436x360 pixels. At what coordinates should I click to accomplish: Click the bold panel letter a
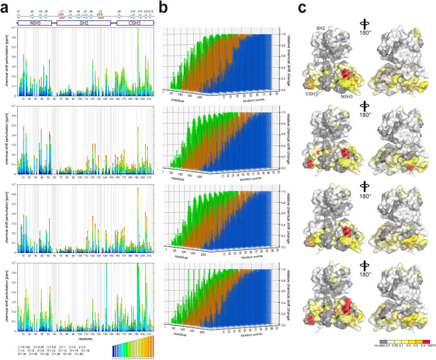point(5,7)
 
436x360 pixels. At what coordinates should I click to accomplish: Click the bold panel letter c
point(302,7)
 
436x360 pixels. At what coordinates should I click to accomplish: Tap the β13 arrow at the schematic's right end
point(151,15)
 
